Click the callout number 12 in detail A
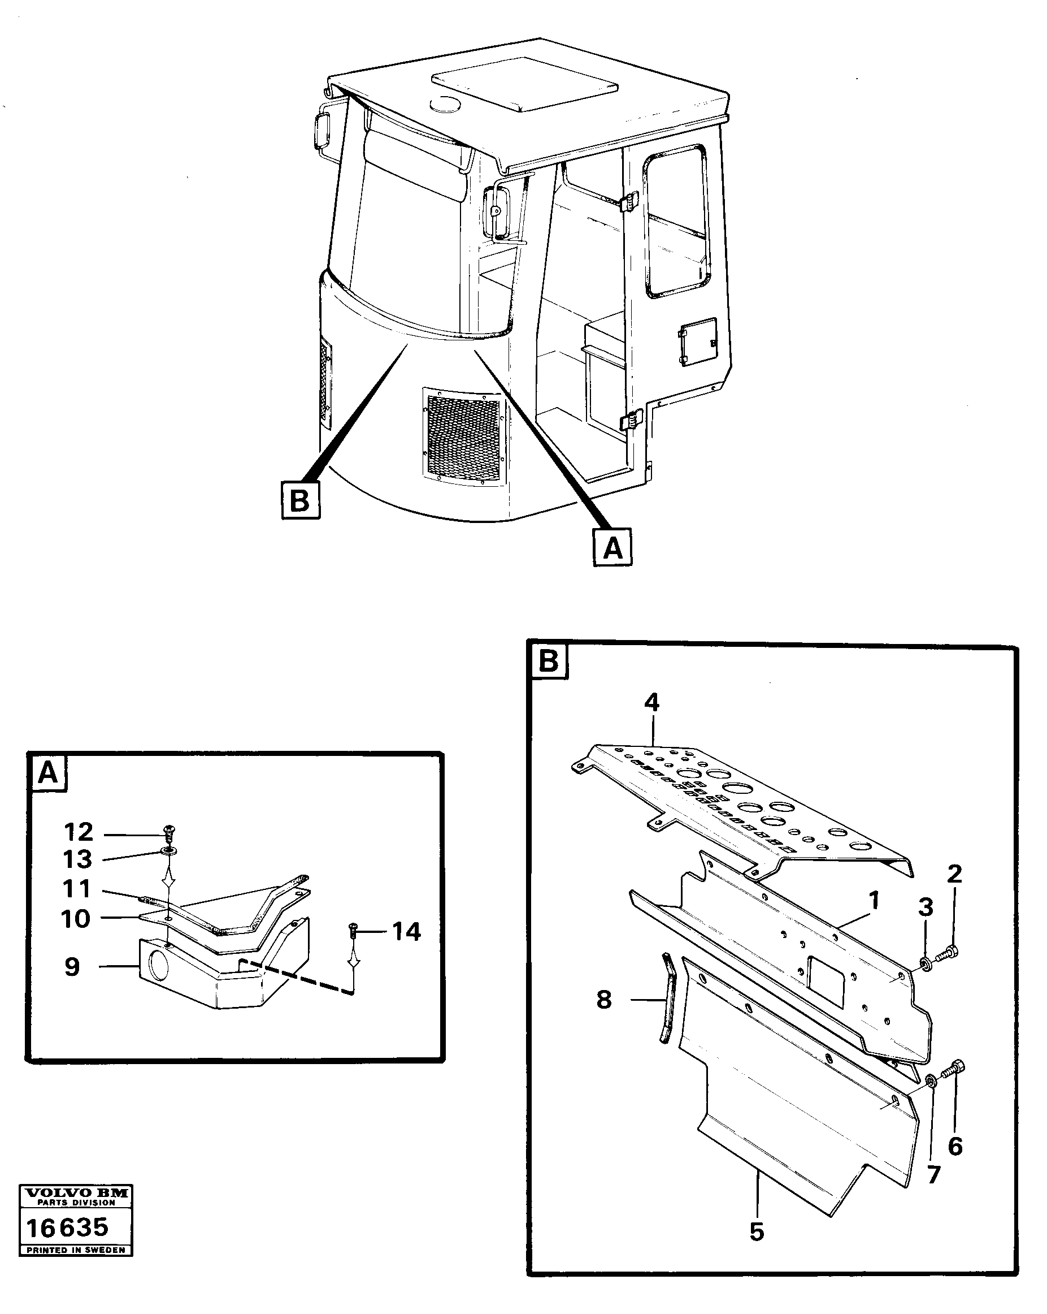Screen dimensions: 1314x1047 pos(79,832)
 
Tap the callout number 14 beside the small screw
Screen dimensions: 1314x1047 pos(406,932)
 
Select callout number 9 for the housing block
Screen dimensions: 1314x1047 pos(72,967)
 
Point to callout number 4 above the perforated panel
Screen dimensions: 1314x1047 pos(651,703)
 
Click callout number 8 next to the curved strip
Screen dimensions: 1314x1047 pos(603,1000)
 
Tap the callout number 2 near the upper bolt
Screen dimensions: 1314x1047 pos(954,874)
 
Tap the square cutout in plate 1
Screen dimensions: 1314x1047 pos(826,980)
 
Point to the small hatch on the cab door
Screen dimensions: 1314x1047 pos(697,341)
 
